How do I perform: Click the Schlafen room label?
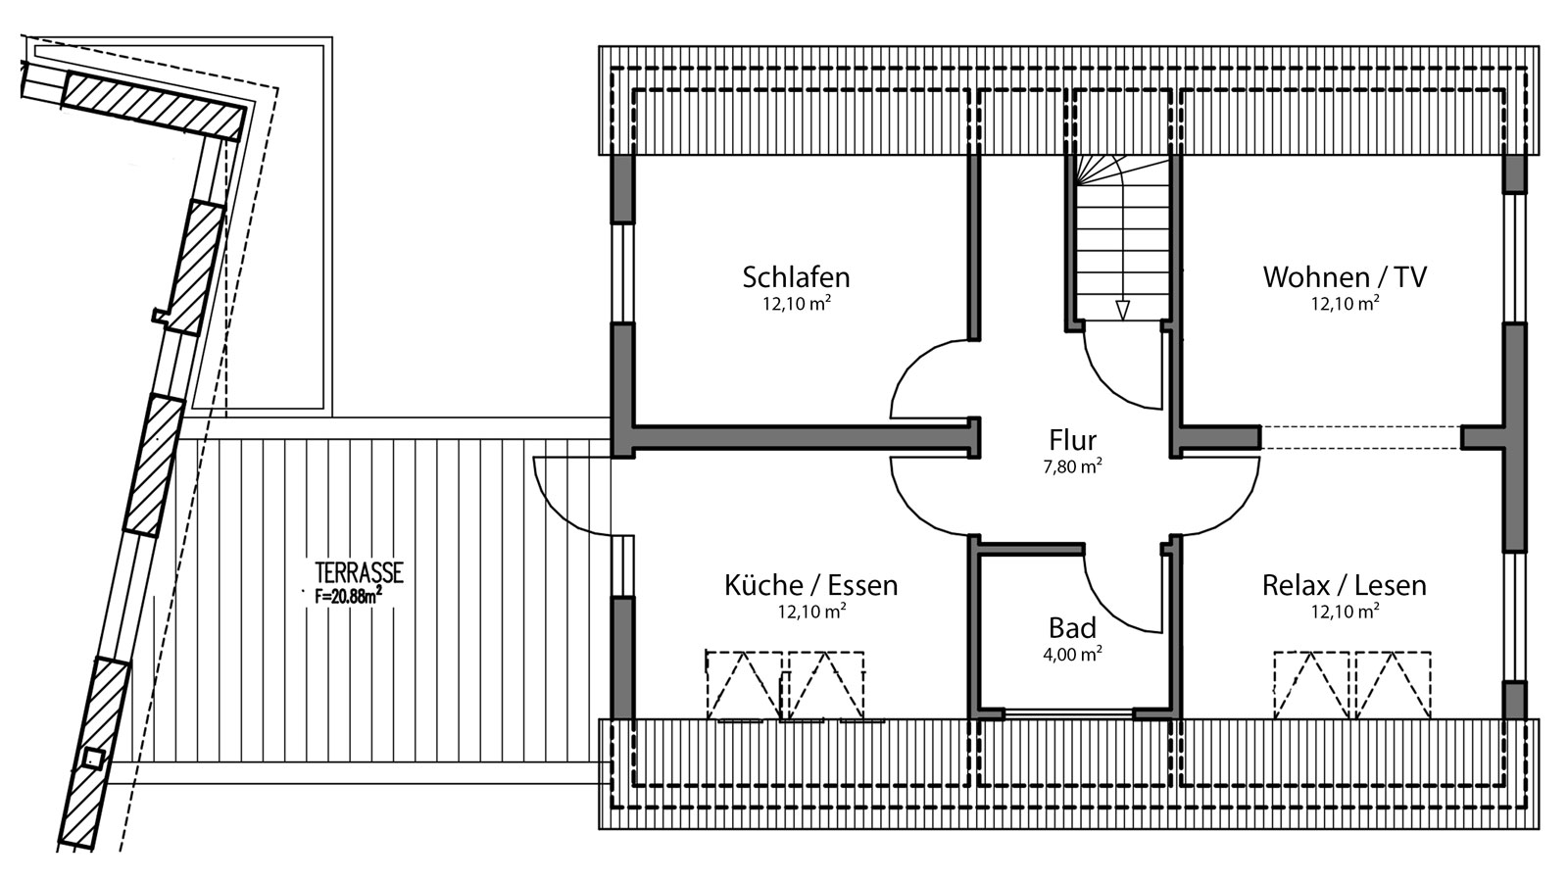(x=796, y=276)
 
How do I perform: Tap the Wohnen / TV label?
(x=1345, y=276)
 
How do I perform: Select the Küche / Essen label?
(x=810, y=585)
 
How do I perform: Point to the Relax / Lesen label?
(x=1344, y=585)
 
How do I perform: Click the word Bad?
(x=1072, y=627)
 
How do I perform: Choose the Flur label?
(x=1072, y=439)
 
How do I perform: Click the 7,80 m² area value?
(x=1072, y=467)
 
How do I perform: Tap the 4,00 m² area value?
(x=1072, y=655)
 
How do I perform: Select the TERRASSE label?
(x=359, y=572)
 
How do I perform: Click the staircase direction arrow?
(x=1122, y=309)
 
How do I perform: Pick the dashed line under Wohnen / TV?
(x=1360, y=437)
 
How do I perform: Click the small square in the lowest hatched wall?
(x=92, y=758)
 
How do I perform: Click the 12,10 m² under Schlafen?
(x=796, y=304)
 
